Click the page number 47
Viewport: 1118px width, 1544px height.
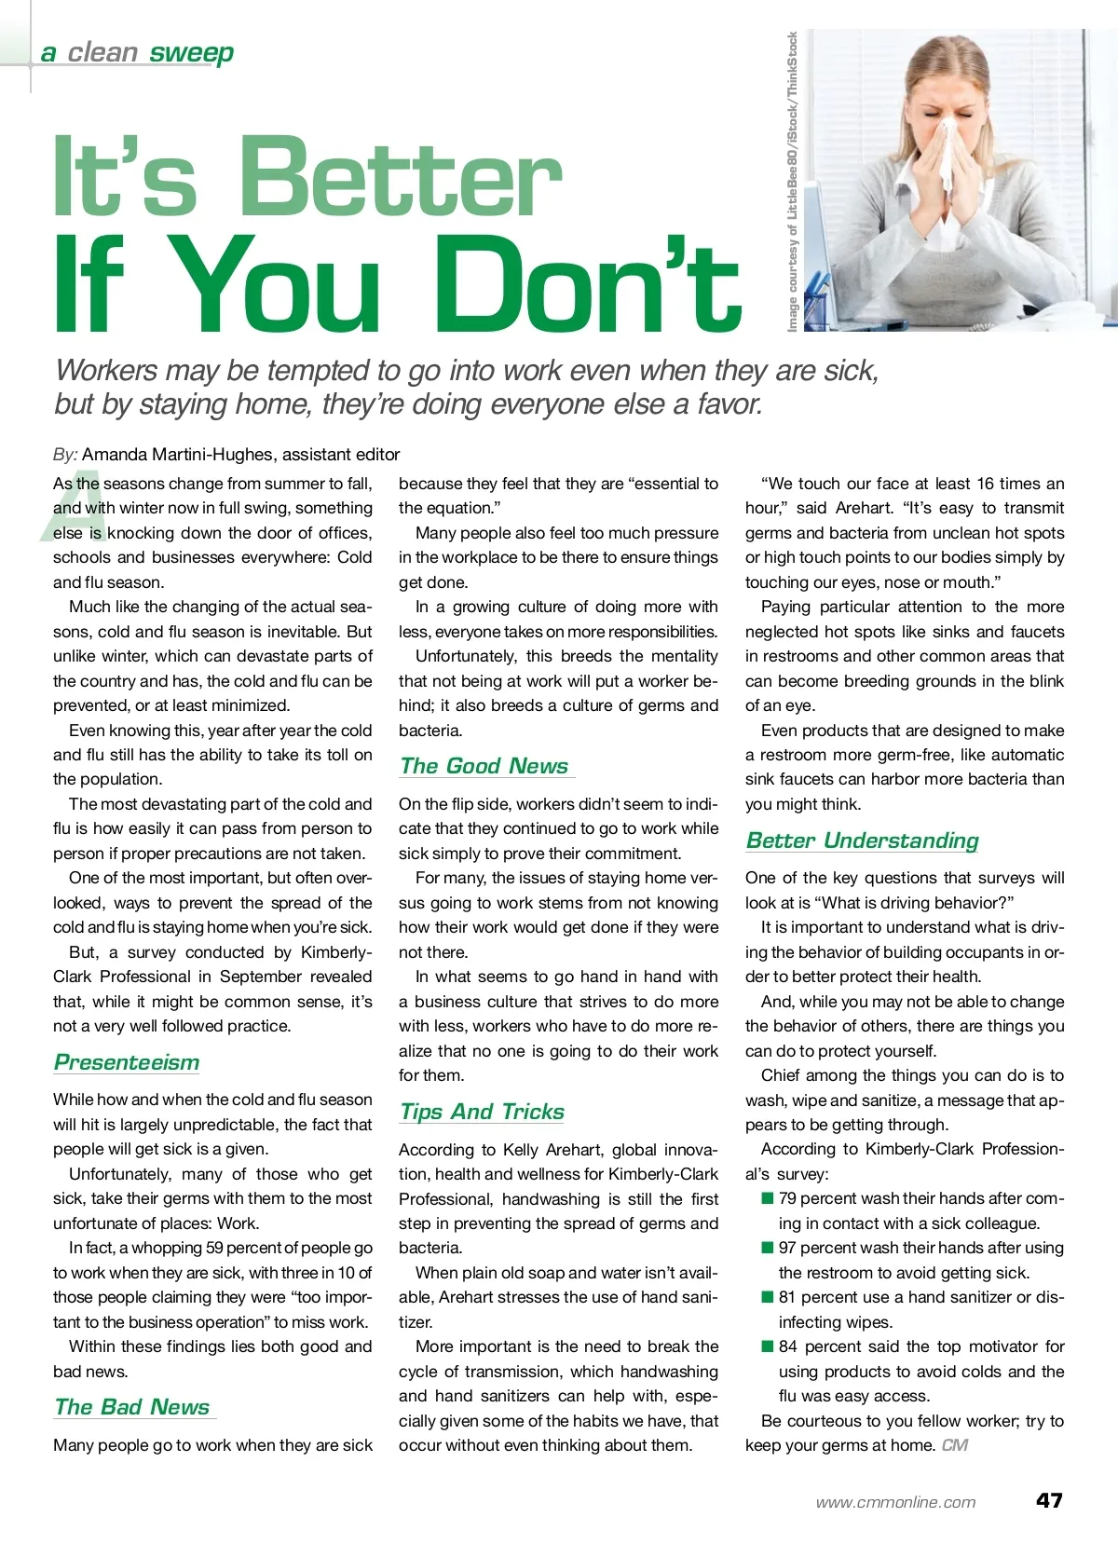[x=1049, y=1500]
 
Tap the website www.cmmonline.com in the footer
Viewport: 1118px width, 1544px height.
[x=895, y=1502]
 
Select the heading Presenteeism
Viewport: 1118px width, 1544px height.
[x=127, y=1062]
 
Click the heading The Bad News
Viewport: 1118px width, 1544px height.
[x=132, y=1407]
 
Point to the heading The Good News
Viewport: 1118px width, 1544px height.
[x=484, y=766]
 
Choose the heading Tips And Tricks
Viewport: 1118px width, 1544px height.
[x=482, y=1112]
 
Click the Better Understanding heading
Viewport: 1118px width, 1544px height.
[x=862, y=840]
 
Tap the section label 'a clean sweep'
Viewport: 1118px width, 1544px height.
[x=137, y=53]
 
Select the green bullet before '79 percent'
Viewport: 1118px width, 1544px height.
[x=768, y=1198]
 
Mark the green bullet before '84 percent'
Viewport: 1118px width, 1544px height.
[x=768, y=1346]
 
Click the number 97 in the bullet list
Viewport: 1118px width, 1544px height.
[x=787, y=1248]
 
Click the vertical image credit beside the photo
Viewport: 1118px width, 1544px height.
[x=792, y=182]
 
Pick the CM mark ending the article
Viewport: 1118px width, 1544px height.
[x=955, y=1445]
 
